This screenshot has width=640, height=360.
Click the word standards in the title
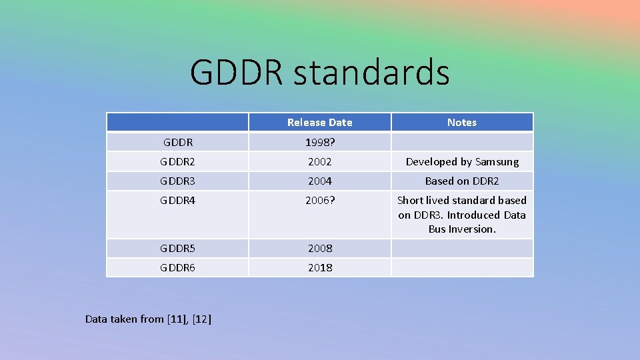(371, 73)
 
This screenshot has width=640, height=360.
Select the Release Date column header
(319, 122)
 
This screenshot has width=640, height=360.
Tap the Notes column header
(461, 122)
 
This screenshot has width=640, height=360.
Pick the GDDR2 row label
(177, 161)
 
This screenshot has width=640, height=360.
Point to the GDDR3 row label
(177, 181)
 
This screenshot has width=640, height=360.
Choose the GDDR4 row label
(177, 200)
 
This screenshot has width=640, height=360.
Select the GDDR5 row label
(177, 248)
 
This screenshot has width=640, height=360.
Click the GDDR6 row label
(177, 267)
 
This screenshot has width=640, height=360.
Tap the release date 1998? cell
(319, 142)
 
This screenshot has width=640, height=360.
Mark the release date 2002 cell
(319, 161)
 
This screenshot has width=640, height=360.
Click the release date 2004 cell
(319, 181)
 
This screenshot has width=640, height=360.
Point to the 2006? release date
(319, 200)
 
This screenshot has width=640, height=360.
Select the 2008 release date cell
(319, 248)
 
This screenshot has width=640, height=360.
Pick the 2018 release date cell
(319, 267)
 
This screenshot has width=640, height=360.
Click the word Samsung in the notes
(497, 162)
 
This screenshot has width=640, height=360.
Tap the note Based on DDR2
(461, 181)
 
